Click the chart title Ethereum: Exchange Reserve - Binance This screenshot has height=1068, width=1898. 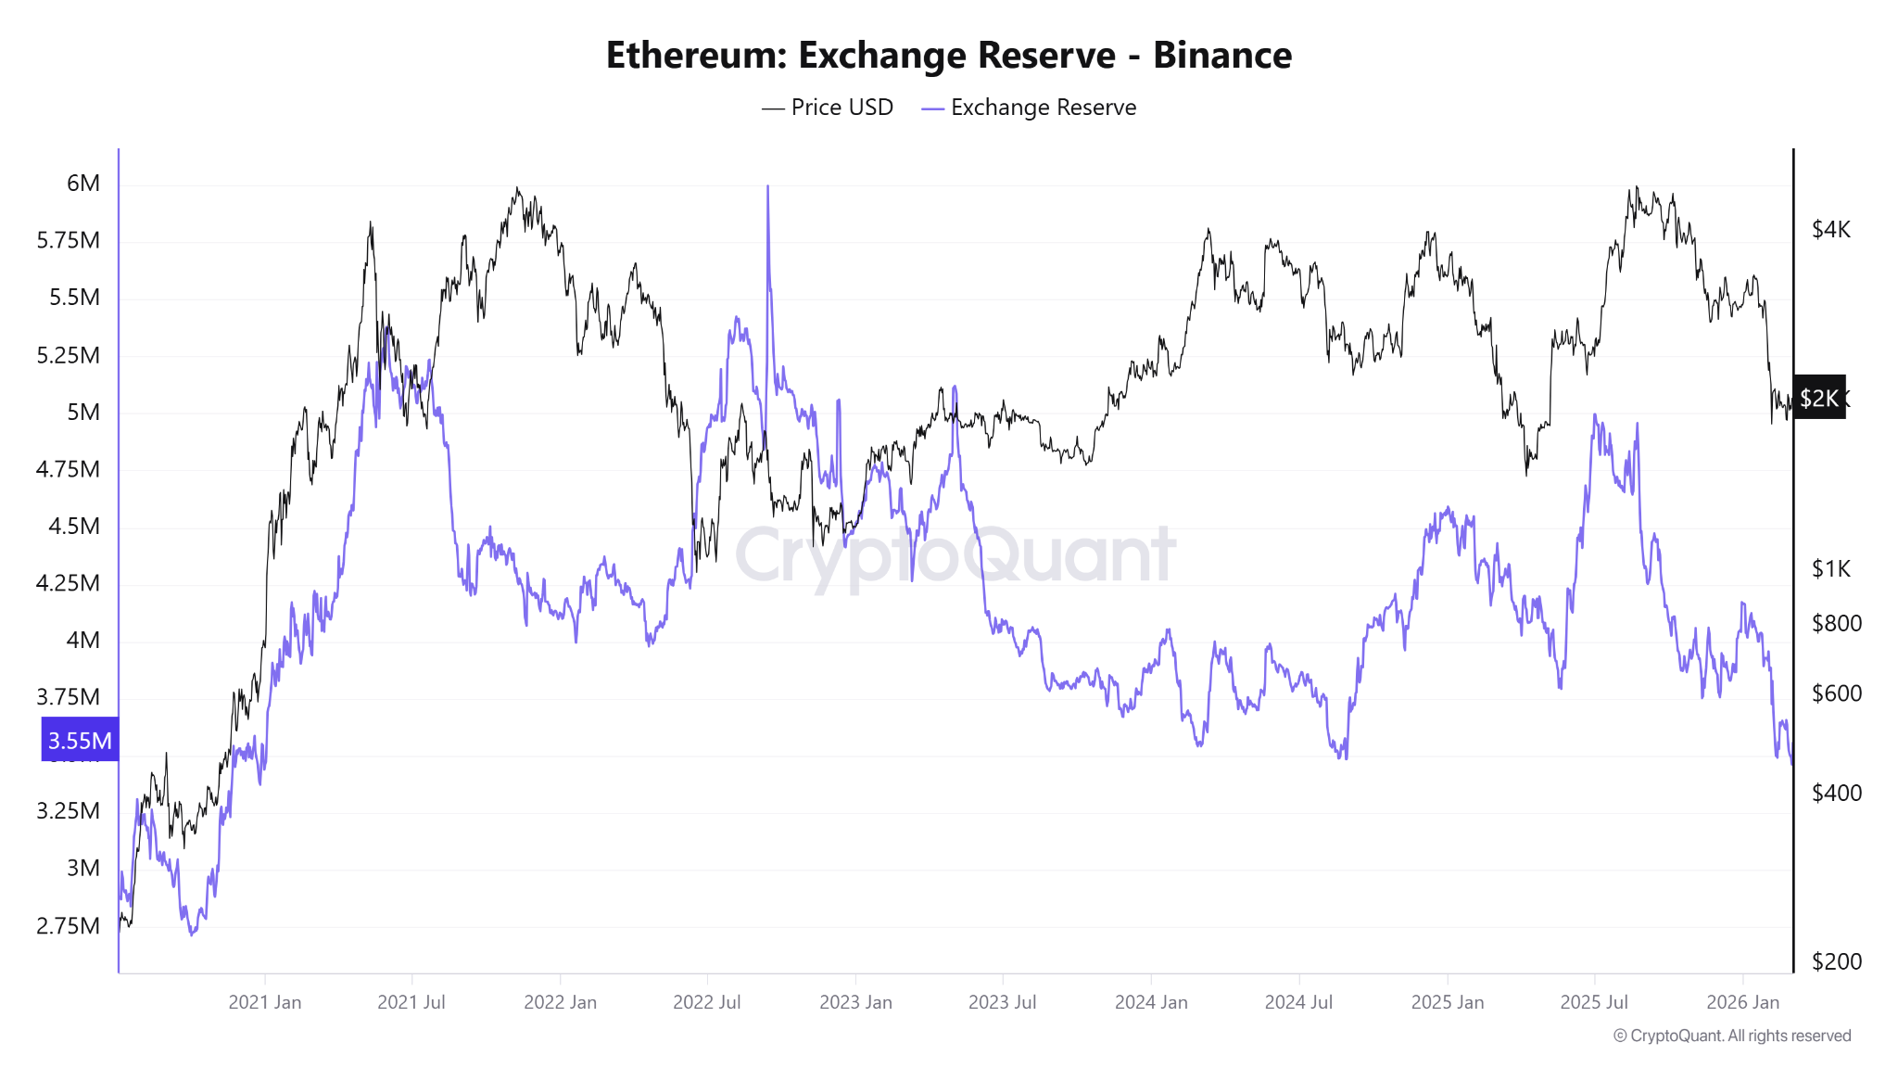click(948, 56)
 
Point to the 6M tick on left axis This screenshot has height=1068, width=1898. click(83, 184)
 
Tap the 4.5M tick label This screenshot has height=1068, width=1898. click(74, 527)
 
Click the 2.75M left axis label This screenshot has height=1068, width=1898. click(69, 926)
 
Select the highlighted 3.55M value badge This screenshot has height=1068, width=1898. click(80, 741)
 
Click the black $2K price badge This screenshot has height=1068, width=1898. click(1818, 399)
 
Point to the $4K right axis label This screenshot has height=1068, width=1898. click(1830, 230)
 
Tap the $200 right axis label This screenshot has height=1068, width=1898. click(1836, 961)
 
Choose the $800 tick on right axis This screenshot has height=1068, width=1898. click(1836, 624)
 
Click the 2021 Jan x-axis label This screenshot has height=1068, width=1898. click(265, 1002)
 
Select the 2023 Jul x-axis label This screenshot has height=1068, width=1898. click(1002, 1002)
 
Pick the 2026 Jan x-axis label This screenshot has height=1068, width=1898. click(1742, 1002)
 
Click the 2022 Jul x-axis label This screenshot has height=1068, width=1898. click(706, 1002)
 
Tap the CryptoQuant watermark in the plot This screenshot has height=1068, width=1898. click(955, 556)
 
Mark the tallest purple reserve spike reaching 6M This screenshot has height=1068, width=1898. click(767, 189)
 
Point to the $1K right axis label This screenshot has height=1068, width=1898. click(1830, 569)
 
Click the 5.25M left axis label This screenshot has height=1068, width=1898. click(69, 355)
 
